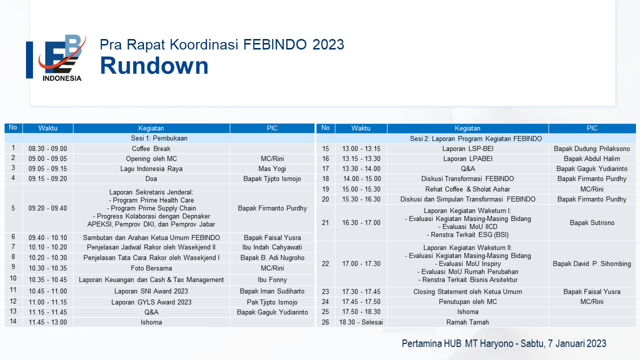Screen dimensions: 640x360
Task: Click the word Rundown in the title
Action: coord(154,65)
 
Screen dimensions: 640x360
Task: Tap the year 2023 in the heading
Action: coord(328,44)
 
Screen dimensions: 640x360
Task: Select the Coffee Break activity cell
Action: coord(151,148)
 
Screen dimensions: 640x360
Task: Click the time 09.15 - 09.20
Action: coord(47,178)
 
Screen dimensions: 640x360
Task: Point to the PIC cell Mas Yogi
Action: coord(272,168)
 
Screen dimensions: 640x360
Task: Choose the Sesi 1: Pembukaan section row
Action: coord(159,138)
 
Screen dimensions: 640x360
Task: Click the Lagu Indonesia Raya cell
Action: coord(151,168)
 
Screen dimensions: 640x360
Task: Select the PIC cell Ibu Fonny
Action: coord(272,279)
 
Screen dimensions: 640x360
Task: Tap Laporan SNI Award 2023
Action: coord(151,291)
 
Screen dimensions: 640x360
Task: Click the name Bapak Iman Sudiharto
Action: coord(272,291)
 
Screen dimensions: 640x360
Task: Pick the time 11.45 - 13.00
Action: coord(47,322)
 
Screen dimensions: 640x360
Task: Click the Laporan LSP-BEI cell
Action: coord(467,148)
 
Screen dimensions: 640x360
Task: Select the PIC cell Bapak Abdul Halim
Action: coord(591,158)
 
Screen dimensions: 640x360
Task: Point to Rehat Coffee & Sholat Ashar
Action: coord(467,189)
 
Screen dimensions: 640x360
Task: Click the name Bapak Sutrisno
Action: coord(592,222)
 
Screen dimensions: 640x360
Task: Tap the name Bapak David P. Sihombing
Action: coord(591,263)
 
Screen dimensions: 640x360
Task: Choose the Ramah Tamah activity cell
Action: coord(467,322)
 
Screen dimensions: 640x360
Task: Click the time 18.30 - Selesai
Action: coord(361,322)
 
